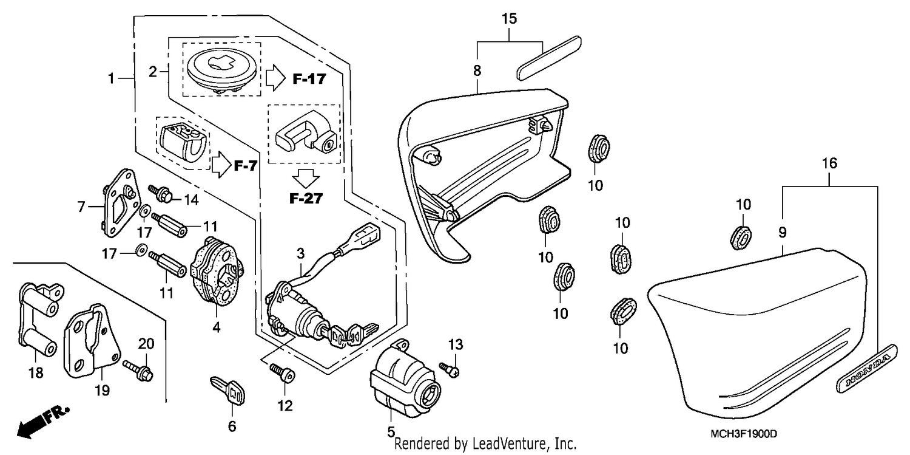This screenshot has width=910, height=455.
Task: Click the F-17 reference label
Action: pyautogui.click(x=309, y=78)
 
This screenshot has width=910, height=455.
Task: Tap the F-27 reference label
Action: pyautogui.click(x=306, y=198)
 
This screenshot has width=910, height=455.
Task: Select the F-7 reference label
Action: pyautogui.click(x=245, y=165)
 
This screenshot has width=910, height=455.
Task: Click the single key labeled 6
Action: pyautogui.click(x=229, y=391)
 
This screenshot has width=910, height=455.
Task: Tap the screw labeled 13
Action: pyautogui.click(x=450, y=369)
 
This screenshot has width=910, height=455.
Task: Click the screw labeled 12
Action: pyautogui.click(x=282, y=373)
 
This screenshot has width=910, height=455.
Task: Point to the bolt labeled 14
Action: pyautogui.click(x=162, y=194)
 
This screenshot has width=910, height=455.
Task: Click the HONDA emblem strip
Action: pyautogui.click(x=867, y=368)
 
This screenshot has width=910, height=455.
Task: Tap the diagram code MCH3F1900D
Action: pyautogui.click(x=743, y=434)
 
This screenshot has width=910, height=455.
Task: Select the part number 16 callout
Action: pyautogui.click(x=829, y=163)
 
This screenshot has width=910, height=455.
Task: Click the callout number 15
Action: pyautogui.click(x=509, y=18)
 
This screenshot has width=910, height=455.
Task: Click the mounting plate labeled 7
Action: pyautogui.click(x=120, y=203)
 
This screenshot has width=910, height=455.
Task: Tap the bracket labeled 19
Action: pyautogui.click(x=93, y=341)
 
